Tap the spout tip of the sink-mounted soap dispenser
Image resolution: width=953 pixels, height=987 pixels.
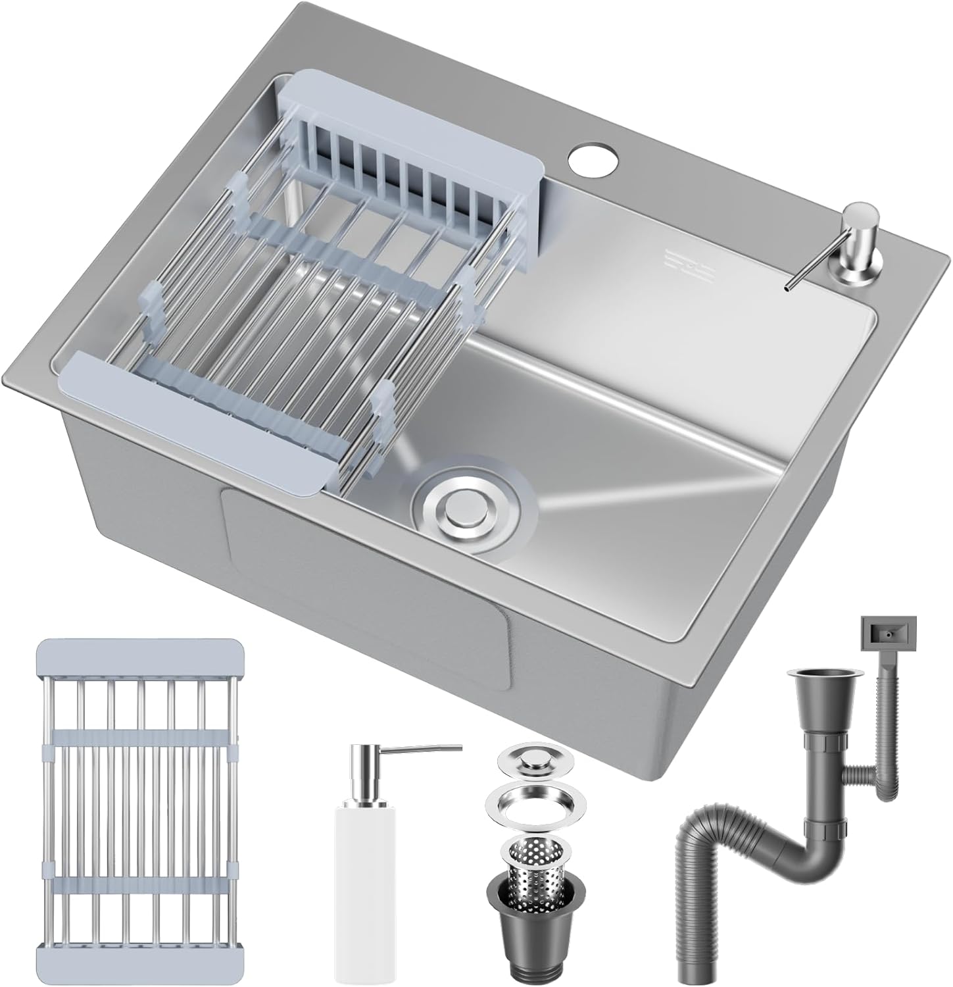787,287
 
